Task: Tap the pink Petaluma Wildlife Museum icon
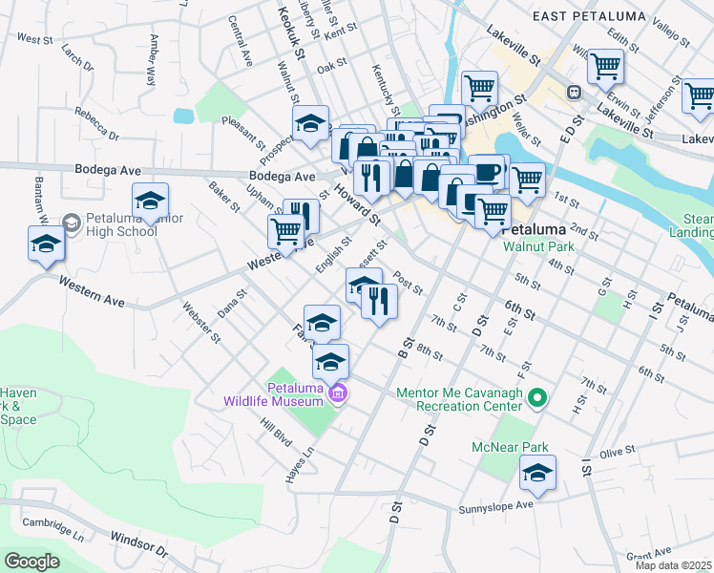(x=337, y=393)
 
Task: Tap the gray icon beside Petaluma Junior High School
(x=71, y=223)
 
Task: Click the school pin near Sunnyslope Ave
(x=538, y=473)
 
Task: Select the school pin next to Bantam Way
(x=46, y=244)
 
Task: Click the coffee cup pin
(x=487, y=171)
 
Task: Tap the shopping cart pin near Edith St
(x=605, y=67)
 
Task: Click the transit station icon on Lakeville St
(x=575, y=93)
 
